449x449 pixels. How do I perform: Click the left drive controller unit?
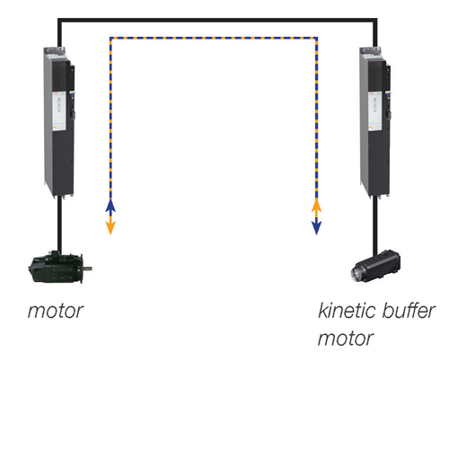pyautogui.click(x=59, y=121)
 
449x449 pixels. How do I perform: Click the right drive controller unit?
pyautogui.click(x=375, y=121)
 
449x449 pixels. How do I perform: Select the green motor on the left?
pyautogui.click(x=59, y=268)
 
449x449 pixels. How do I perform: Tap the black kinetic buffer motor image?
pyautogui.click(x=375, y=266)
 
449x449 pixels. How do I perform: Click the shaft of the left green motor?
pyautogui.click(x=87, y=269)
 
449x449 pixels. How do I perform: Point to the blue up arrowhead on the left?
pyautogui.click(x=110, y=206)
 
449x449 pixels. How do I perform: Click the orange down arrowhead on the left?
pyautogui.click(x=110, y=228)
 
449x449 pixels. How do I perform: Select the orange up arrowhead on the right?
pyautogui.click(x=316, y=206)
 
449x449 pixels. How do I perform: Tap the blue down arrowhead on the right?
pyautogui.click(x=316, y=228)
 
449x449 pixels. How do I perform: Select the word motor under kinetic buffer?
pyautogui.click(x=346, y=339)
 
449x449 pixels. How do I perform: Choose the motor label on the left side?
pyautogui.click(x=56, y=311)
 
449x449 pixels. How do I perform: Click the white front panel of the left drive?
pyautogui.click(x=59, y=111)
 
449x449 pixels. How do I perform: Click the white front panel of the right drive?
pyautogui.click(x=374, y=111)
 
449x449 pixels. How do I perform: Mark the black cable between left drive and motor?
pyautogui.click(x=59, y=224)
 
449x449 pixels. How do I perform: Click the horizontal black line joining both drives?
pyautogui.click(x=217, y=20)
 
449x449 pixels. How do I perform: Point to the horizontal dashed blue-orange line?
pyautogui.click(x=214, y=38)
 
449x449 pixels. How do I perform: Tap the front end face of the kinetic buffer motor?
pyautogui.click(x=357, y=274)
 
